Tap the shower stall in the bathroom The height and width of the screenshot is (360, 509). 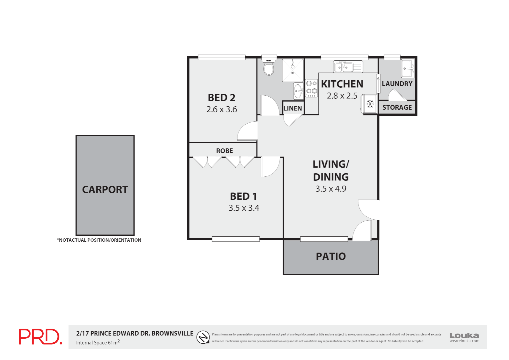[293, 70]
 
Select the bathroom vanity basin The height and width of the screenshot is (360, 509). [298, 91]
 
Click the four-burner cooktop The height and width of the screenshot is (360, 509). [311, 88]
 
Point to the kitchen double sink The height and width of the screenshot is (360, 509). [348, 67]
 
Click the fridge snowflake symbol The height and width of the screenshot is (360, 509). [370, 104]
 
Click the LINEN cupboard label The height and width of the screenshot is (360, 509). [292, 108]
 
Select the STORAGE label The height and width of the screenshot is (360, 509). [397, 107]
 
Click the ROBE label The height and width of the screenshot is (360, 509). [225, 151]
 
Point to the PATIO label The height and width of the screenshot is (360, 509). [331, 256]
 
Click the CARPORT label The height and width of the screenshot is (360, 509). [105, 190]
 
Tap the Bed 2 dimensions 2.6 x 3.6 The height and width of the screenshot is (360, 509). [222, 109]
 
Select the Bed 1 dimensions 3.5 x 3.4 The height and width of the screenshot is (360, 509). [244, 208]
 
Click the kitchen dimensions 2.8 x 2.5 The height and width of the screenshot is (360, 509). [342, 96]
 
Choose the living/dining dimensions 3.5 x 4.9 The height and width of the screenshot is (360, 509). [331, 189]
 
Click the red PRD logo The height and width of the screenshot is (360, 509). [40, 337]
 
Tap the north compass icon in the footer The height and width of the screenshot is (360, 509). [203, 337]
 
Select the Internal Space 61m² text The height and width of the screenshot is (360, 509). [98, 342]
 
